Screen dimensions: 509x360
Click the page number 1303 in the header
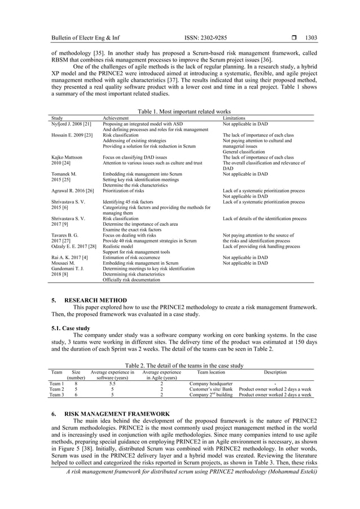pyautogui.click(x=311, y=38)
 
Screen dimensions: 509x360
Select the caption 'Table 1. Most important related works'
pyautogui.click(x=180, y=112)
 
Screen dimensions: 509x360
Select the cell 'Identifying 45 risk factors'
pyautogui.click(x=129, y=201)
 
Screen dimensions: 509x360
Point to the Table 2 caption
pyautogui.click(x=180, y=366)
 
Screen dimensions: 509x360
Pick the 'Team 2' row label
pyautogui.click(x=56, y=389)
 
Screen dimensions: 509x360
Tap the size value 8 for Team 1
pyautogui.click(x=76, y=384)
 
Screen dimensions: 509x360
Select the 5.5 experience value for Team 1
pyautogui.click(x=112, y=384)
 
